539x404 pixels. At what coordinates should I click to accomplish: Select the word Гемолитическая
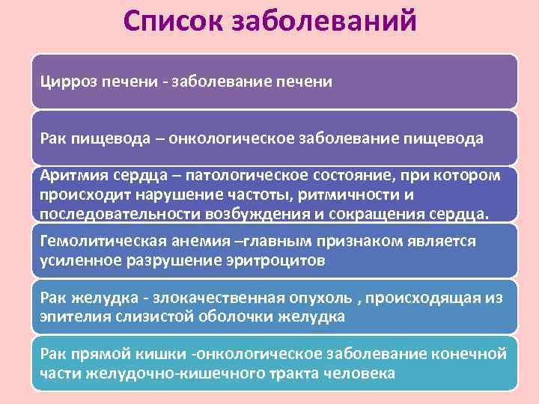click(x=91, y=241)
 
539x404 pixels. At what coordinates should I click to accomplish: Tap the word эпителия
click(x=70, y=316)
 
